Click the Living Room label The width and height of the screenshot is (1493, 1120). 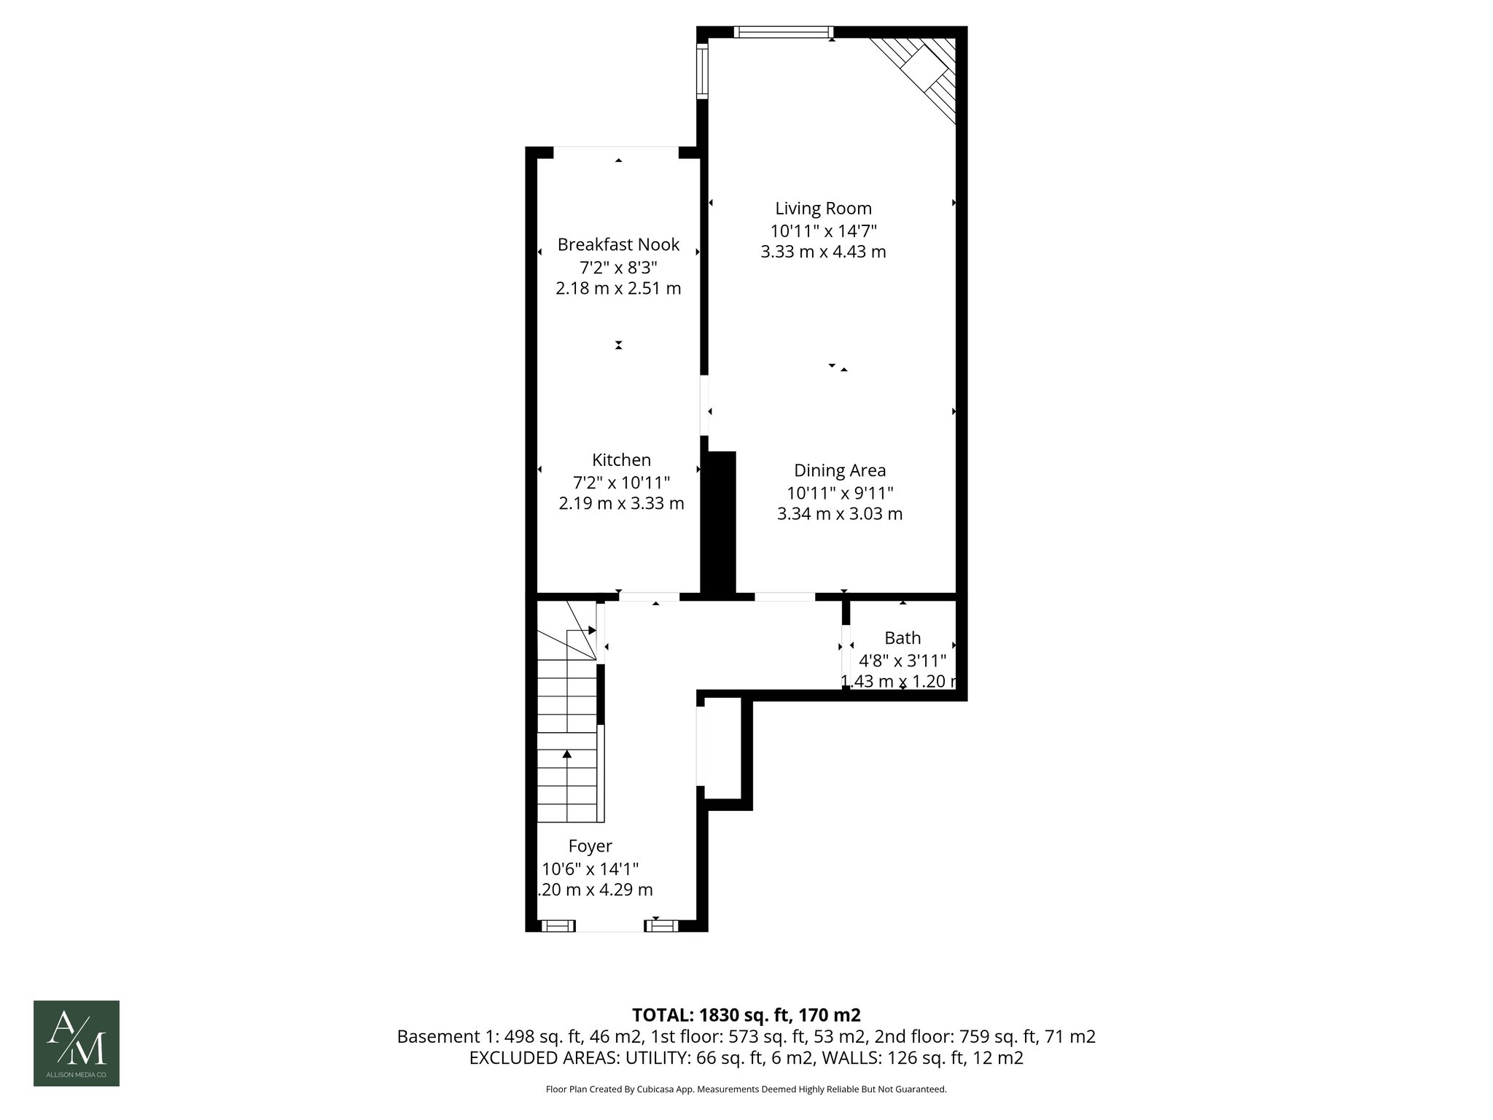[x=823, y=209]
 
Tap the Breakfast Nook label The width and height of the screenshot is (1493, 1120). [x=618, y=244]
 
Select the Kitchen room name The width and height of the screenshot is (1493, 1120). [x=621, y=460]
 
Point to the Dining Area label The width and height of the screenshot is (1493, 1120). [x=840, y=470]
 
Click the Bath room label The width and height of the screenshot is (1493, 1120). [x=903, y=638]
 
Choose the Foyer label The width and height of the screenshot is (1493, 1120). [x=590, y=846]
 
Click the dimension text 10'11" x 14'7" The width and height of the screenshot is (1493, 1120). [x=823, y=230]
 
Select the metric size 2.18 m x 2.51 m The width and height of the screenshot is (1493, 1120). [x=618, y=288]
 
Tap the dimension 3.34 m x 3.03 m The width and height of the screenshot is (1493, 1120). [x=840, y=513]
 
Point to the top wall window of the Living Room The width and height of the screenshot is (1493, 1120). [x=783, y=31]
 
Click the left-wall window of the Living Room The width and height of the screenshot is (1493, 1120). [x=702, y=71]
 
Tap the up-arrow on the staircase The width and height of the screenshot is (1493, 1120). [x=567, y=755]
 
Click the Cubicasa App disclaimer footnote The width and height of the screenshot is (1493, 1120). [x=746, y=1089]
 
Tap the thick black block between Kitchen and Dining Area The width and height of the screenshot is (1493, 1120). [x=719, y=521]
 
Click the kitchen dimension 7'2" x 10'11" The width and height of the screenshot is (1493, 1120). [x=621, y=482]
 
